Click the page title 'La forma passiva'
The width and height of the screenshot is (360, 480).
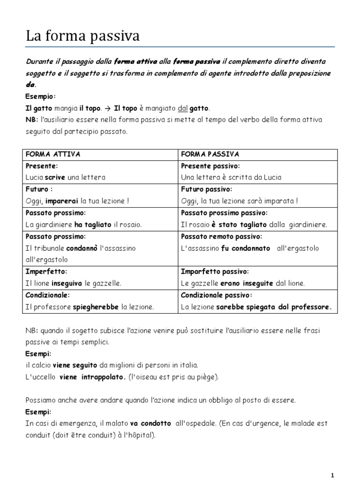pyautogui.click(x=82, y=36)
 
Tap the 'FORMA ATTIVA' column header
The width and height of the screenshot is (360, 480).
pyautogui.click(x=52, y=154)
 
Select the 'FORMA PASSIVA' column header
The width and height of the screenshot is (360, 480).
pyautogui.click(x=210, y=154)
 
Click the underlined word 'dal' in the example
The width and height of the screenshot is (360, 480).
pyautogui.click(x=183, y=108)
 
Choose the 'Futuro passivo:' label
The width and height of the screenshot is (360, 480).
pyautogui.click(x=206, y=189)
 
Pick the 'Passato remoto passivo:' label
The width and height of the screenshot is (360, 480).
pyautogui.click(x=221, y=236)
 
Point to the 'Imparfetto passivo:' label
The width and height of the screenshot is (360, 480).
pyautogui.click(x=215, y=271)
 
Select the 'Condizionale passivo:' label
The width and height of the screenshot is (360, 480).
pyautogui.click(x=216, y=295)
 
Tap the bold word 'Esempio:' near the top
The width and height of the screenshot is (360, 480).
pyautogui.click(x=41, y=97)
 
